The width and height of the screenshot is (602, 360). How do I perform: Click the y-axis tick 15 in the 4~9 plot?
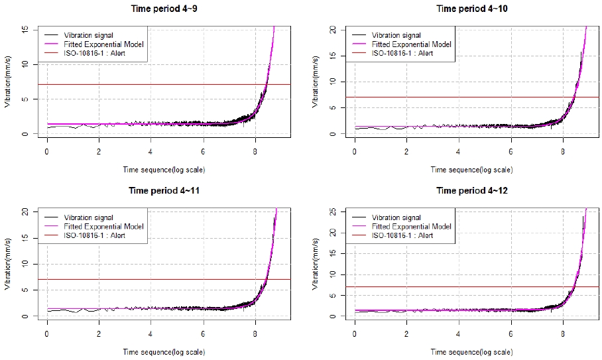pos(25,30)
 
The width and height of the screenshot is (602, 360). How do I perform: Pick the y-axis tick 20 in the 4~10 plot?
pos(333,30)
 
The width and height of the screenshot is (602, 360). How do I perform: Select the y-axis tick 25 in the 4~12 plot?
pos(333,211)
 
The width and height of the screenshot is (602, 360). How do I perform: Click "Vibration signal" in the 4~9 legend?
pos(89,34)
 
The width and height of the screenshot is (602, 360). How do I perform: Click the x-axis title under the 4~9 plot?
pos(163,170)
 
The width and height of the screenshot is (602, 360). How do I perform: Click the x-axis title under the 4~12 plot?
pos(471,352)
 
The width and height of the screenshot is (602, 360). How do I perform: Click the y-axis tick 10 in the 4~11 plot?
pos(25,264)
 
